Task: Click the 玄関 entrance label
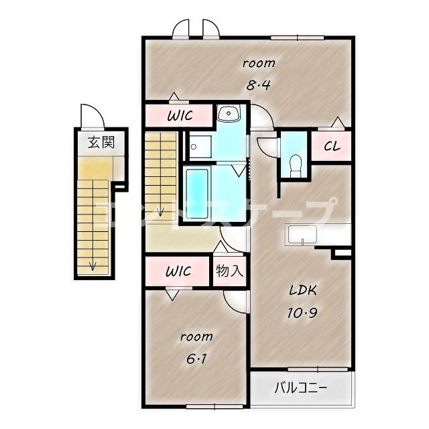pyautogui.click(x=101, y=142)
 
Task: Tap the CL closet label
pyautogui.click(x=332, y=146)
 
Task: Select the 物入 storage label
pyautogui.click(x=229, y=271)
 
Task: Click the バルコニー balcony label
pyautogui.click(x=301, y=387)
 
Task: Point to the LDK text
pyautogui.click(x=303, y=290)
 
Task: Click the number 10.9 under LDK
pyautogui.click(x=302, y=312)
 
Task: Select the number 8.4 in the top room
pyautogui.click(x=258, y=85)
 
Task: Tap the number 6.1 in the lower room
pyautogui.click(x=196, y=359)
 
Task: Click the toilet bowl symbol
pyautogui.click(x=295, y=164)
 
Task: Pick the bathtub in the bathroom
pyautogui.click(x=197, y=194)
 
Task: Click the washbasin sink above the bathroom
pyautogui.click(x=229, y=113)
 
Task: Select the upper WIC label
pyautogui.click(x=180, y=115)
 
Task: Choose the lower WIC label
pyautogui.click(x=178, y=271)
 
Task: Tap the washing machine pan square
pyautogui.click(x=200, y=147)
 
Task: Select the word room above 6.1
pyautogui.click(x=196, y=336)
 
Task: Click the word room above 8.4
pyautogui.click(x=259, y=63)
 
